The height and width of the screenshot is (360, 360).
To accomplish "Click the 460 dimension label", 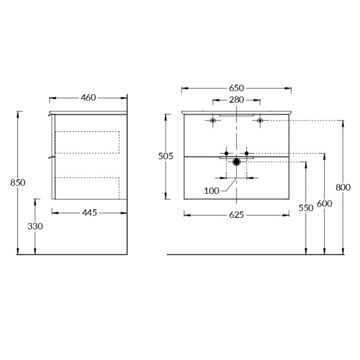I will click(x=88, y=97).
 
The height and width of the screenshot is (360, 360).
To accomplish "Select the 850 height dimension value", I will click(x=18, y=182).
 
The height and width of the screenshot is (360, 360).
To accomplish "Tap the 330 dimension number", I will click(x=35, y=226).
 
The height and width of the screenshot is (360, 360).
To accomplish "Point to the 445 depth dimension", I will click(x=89, y=212).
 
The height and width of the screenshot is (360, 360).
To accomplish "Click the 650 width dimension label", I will click(x=236, y=88).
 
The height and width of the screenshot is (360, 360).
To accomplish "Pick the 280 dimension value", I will click(x=236, y=100).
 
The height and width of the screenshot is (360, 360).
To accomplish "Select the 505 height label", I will click(x=165, y=156).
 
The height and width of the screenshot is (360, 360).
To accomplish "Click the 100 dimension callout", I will click(x=212, y=191).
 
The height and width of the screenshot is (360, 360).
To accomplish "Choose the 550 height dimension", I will click(x=306, y=208).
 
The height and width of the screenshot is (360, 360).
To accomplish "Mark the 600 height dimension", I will click(x=325, y=203).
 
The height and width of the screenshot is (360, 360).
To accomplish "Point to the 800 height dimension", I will click(x=343, y=187).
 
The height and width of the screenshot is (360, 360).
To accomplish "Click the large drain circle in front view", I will click(x=236, y=161).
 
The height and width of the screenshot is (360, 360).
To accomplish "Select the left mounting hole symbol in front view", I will click(x=213, y=121).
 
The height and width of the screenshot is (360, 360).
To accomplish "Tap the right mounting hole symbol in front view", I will click(x=260, y=121).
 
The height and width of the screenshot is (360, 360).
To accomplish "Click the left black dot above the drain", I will click(x=226, y=154).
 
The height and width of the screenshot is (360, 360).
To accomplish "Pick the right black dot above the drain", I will click(x=247, y=154).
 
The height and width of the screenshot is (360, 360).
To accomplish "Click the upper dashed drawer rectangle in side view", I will click(x=87, y=142).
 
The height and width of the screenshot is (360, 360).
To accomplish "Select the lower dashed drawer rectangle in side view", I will click(x=87, y=187).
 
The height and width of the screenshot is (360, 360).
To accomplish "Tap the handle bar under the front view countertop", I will click(x=236, y=115).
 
